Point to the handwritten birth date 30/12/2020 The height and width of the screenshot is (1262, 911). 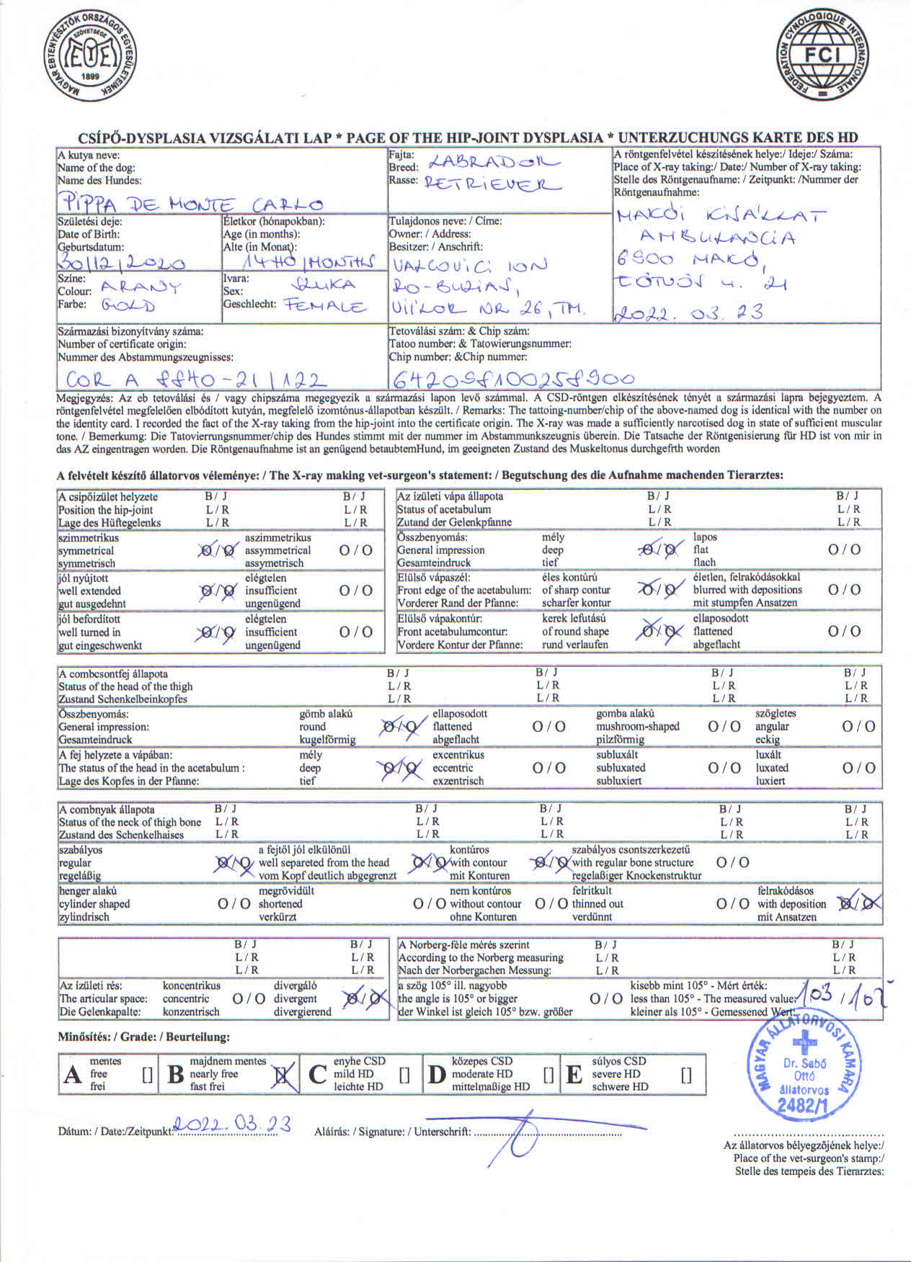point(122,263)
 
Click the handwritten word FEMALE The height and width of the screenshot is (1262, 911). point(324,308)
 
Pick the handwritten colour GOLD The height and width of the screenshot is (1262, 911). point(128,305)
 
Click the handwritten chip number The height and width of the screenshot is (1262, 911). point(512,378)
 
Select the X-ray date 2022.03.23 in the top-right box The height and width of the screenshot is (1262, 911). point(688,313)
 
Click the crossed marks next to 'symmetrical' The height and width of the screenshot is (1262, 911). point(217,551)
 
